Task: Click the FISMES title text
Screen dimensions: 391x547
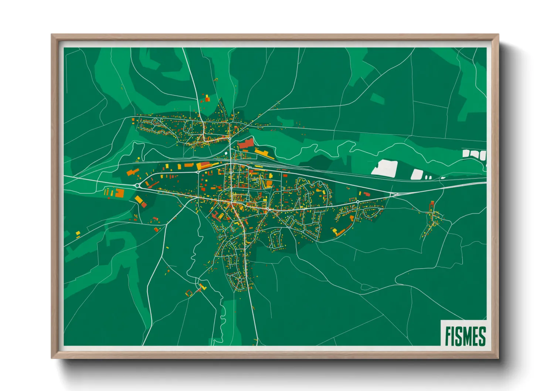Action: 465,336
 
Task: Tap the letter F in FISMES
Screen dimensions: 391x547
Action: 448,336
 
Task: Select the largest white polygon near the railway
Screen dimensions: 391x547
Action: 385,168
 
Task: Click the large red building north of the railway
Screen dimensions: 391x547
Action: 245,143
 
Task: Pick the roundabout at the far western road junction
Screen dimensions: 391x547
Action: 137,186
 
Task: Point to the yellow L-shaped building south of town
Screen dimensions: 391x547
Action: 202,286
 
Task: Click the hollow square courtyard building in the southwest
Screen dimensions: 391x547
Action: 189,293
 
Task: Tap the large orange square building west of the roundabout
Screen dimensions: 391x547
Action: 120,193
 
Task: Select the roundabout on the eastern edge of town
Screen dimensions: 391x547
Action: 357,202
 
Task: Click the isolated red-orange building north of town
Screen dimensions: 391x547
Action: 207,98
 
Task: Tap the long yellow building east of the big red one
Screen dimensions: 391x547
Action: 264,154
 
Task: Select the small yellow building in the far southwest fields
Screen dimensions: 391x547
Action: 78,233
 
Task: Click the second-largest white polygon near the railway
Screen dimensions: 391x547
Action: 417,174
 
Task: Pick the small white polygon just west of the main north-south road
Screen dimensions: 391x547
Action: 226,153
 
